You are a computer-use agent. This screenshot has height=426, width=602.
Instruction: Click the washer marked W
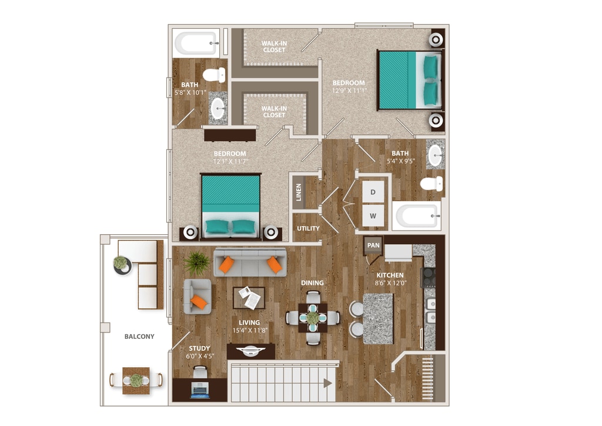tap(373, 216)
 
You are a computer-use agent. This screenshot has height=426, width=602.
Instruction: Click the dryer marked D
tap(373, 191)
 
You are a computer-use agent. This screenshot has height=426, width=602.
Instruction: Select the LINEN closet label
tap(299, 192)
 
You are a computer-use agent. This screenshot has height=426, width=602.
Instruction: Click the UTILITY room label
tap(308, 228)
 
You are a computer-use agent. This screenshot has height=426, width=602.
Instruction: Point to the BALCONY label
tap(139, 337)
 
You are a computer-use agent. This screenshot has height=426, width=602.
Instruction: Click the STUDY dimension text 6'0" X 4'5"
tap(199, 355)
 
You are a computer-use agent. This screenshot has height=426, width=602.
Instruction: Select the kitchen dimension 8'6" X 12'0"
tap(390, 283)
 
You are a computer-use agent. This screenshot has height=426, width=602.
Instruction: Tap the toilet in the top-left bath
tap(214, 75)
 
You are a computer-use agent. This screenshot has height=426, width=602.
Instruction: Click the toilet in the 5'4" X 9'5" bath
tap(431, 184)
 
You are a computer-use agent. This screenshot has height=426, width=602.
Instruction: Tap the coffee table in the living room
tap(249, 297)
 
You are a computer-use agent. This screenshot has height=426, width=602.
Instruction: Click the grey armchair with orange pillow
tap(197, 295)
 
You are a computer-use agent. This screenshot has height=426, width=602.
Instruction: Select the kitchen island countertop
tap(377, 318)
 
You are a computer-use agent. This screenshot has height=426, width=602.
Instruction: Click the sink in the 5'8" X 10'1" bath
tap(218, 108)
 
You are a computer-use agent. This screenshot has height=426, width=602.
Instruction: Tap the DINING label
tap(312, 283)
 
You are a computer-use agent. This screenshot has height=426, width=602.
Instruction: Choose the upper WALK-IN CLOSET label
tap(273, 46)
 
